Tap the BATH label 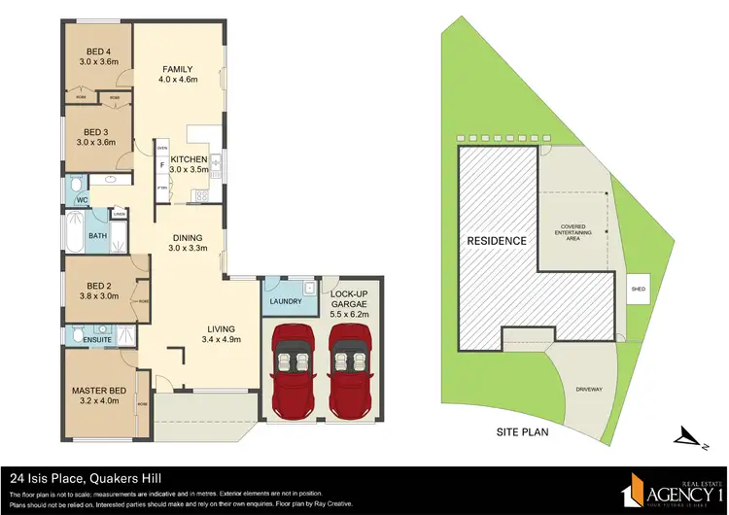tap(97, 235)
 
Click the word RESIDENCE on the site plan tap(497, 240)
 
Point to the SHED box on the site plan tap(638, 290)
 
